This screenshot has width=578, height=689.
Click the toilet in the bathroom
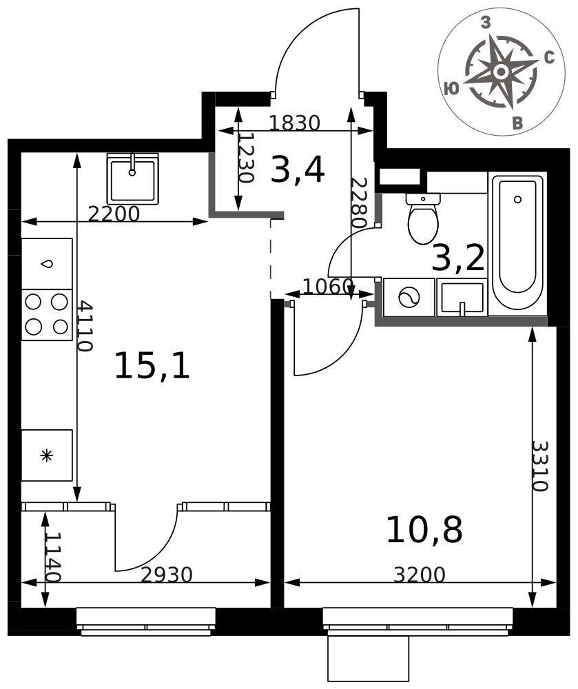coord(423,218)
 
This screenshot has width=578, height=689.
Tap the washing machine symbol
coord(409,298)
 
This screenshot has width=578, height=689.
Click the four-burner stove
coord(47,315)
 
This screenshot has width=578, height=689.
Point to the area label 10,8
coord(424,530)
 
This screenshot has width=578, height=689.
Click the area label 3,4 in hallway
coord(298,170)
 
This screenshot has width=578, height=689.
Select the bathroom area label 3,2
coord(458,258)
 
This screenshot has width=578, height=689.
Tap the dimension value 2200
coord(114,214)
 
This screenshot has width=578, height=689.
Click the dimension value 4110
coord(85,326)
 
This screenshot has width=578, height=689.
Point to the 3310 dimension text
coord(540,466)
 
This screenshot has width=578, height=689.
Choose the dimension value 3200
coord(420,575)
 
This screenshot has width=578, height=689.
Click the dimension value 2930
coord(167,575)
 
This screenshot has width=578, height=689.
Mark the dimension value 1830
coord(294,123)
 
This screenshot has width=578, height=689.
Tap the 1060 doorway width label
coord(328,287)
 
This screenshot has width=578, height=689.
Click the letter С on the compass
coord(549,58)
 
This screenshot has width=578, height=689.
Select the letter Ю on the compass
coord(451,88)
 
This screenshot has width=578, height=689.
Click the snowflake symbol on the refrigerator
coord(46,455)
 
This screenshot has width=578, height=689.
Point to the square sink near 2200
coord(133,179)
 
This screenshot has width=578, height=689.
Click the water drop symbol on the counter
coord(46,264)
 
